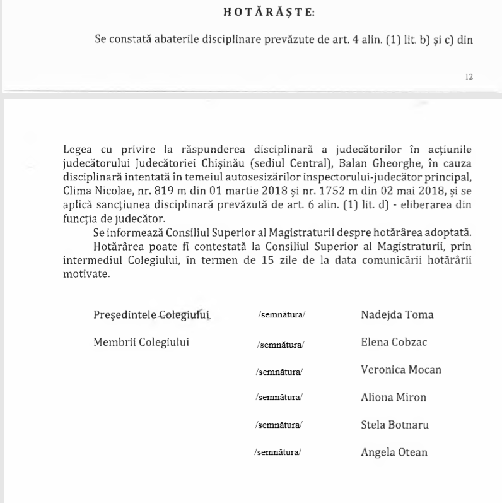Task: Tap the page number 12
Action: point(469,76)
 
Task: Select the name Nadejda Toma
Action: point(397,314)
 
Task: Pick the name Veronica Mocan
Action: point(400,370)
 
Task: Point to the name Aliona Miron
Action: point(393,397)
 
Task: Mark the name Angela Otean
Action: point(394,451)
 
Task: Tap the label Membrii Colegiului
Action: point(141,343)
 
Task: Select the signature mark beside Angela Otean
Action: point(278,452)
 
